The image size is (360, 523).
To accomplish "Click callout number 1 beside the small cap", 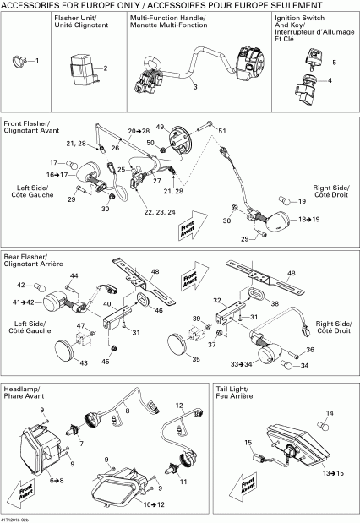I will click(x=35, y=61).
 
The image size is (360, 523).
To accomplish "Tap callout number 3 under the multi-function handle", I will click(x=194, y=87).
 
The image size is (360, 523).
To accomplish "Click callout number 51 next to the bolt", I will click(x=223, y=132).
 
